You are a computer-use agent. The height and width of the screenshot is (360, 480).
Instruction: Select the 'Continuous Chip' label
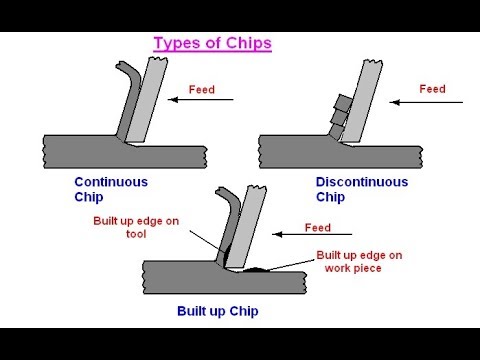pos(111,189)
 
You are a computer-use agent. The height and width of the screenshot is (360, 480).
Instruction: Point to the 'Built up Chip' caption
pos(218,311)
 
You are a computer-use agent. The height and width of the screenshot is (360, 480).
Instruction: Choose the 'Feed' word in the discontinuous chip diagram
pos(432,89)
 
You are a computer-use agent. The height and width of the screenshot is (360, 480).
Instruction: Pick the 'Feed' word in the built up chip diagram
pos(317,227)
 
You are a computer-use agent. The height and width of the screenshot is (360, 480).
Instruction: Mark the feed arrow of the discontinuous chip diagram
pos(421,100)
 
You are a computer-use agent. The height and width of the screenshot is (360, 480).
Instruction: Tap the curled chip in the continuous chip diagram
pos(129,95)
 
